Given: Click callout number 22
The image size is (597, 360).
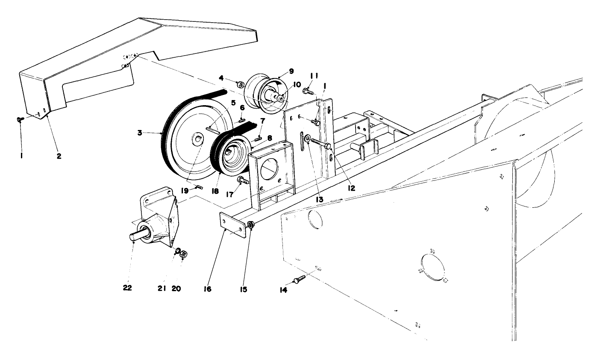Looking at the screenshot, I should [x=127, y=288].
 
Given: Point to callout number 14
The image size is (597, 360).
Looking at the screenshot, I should [x=283, y=290].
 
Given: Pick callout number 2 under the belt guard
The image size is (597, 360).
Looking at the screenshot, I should [x=59, y=156].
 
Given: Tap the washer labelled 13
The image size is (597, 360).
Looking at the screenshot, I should [x=306, y=139].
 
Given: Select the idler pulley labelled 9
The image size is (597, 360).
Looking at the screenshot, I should [x=261, y=91].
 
